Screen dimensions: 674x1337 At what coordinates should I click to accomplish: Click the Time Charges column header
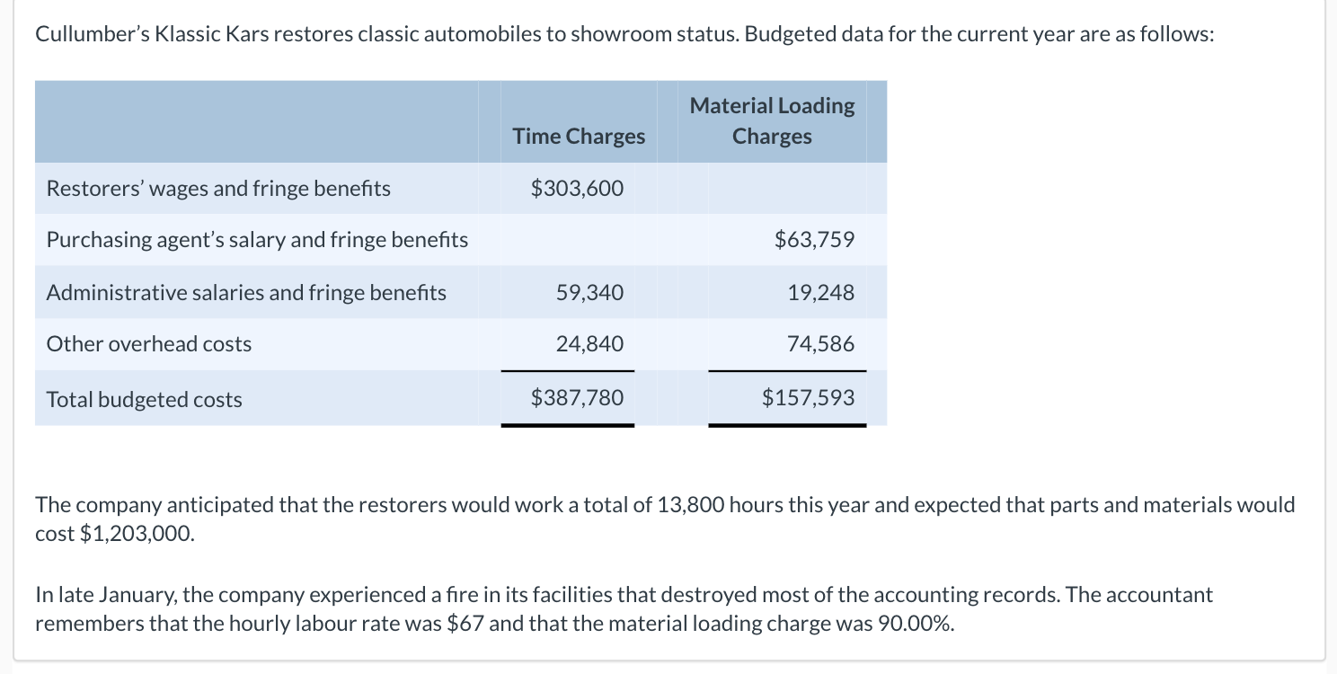click(x=579, y=137)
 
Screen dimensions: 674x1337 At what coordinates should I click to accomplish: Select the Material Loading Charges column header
click(x=772, y=121)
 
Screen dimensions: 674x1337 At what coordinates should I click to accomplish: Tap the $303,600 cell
click(x=577, y=189)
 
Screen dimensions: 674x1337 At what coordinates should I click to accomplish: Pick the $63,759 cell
click(x=814, y=240)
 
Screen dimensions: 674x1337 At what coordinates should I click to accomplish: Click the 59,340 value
click(x=589, y=292)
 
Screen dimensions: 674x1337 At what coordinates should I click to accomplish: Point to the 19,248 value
click(x=821, y=292)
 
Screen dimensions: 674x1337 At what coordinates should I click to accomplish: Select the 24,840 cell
click(x=589, y=344)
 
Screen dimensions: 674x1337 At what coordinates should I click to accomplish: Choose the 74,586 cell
click(x=821, y=344)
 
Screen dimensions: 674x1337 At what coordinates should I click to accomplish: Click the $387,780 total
click(x=577, y=398)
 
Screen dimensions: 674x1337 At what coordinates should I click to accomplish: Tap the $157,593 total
click(x=808, y=398)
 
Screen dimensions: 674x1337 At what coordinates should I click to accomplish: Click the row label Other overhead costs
click(x=149, y=344)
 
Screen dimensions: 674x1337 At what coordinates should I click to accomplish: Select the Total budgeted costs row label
click(x=145, y=400)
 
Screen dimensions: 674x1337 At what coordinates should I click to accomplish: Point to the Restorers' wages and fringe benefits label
click(x=218, y=189)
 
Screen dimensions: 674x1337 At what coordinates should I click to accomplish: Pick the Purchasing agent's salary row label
click(x=257, y=240)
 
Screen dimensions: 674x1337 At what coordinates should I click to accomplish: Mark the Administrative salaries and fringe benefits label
click(x=246, y=293)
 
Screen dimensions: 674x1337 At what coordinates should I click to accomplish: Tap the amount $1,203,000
click(x=137, y=534)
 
